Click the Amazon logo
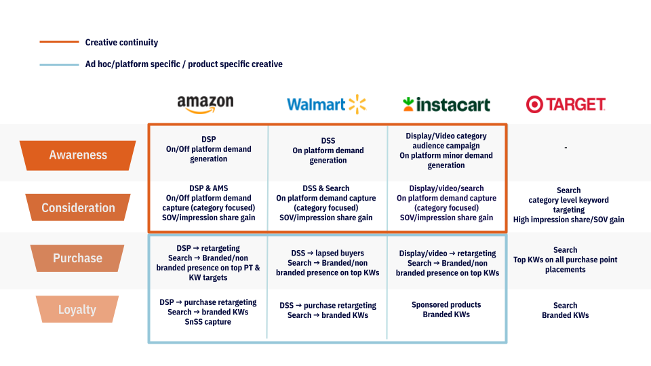coord(205,104)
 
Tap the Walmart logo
coord(326,104)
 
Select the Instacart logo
coord(446,104)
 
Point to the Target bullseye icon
coord(534,104)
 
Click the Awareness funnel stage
coord(77,155)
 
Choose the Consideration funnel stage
coord(77,207)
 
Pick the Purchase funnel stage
coord(77,258)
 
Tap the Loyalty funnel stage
coord(77,309)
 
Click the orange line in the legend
coord(59,42)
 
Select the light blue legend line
coord(59,65)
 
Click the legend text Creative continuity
coord(121,42)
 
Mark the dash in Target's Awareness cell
coord(566,147)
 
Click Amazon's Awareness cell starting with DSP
coord(208,149)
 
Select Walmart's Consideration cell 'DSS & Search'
coord(326,203)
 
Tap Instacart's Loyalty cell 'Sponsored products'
coord(446,310)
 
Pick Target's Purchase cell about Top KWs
coord(565,260)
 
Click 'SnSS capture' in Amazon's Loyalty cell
coord(208,322)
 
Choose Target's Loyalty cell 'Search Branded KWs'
coord(565,310)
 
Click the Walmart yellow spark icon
coord(357,104)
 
